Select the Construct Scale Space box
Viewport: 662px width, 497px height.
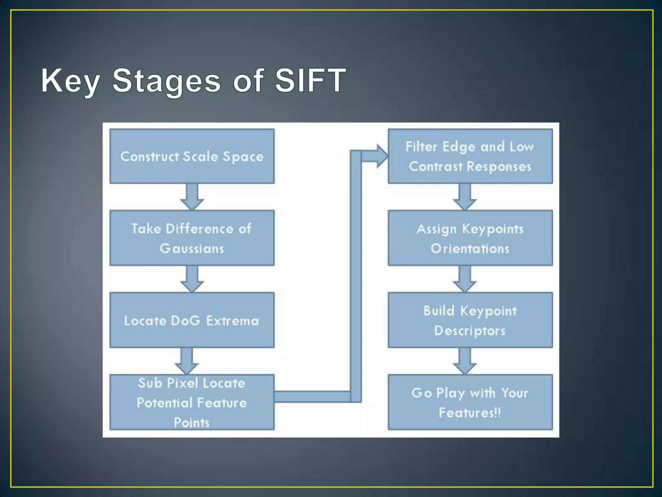point(192,156)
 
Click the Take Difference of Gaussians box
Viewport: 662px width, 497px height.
point(192,238)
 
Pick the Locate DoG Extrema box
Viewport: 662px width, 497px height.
point(192,320)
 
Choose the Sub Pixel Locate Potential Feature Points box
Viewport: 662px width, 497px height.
point(192,402)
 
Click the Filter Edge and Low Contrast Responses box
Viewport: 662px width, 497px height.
point(470,156)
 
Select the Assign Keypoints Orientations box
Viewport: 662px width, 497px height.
point(470,238)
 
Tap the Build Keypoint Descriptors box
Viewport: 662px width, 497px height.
point(470,320)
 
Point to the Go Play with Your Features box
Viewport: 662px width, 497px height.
point(470,402)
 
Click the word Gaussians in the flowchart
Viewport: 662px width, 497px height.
point(192,248)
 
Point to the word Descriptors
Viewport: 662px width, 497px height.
point(470,331)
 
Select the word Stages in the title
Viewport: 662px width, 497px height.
point(166,81)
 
